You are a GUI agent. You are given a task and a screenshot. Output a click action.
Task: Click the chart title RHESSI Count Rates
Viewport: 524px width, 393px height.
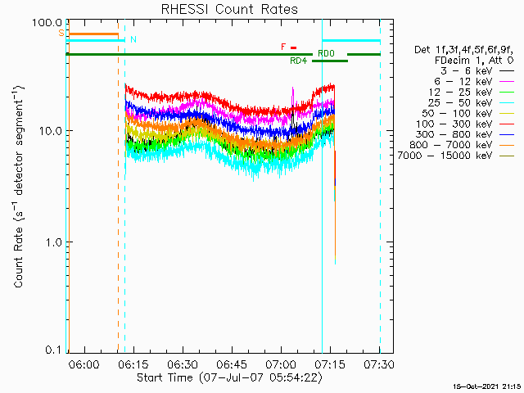point(229,9)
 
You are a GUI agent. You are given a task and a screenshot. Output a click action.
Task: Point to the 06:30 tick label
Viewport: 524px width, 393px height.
point(183,364)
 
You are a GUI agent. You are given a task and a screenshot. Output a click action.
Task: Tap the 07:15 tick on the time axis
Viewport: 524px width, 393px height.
point(330,364)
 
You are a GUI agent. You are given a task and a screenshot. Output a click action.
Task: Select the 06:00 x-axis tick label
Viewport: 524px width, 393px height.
point(84,364)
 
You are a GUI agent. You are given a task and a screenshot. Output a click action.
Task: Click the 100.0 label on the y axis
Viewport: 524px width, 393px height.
point(47,23)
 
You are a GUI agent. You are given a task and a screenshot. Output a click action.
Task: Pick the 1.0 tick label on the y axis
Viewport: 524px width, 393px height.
point(54,242)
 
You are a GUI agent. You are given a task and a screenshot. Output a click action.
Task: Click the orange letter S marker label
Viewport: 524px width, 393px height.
point(61,33)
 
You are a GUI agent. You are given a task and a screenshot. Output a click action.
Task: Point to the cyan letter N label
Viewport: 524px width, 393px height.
point(133,39)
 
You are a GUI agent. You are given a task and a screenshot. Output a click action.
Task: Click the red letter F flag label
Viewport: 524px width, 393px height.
point(283,47)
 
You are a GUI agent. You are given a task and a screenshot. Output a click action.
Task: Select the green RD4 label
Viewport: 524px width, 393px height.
point(298,61)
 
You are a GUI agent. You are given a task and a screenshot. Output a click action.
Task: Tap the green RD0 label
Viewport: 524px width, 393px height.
point(326,53)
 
